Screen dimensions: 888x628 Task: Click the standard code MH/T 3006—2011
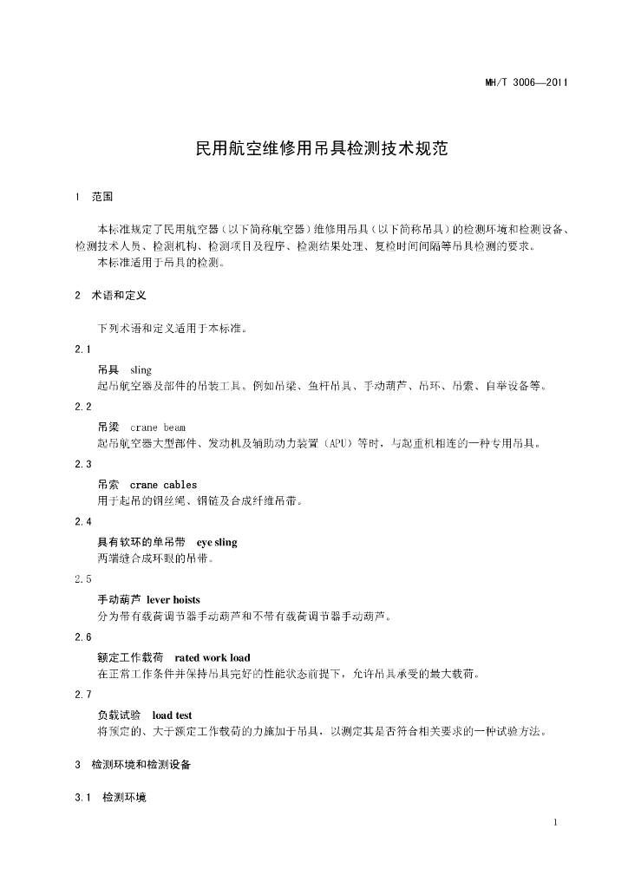click(526, 83)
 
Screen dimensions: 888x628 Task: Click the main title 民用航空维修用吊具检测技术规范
click(322, 148)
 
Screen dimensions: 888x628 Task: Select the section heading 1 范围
click(95, 197)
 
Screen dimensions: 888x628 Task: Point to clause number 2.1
click(83, 349)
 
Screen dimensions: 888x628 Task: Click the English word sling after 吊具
click(141, 369)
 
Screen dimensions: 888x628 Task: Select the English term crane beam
click(158, 428)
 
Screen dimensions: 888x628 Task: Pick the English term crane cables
click(163, 485)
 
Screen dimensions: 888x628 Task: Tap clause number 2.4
click(83, 521)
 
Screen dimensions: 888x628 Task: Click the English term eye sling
click(217, 542)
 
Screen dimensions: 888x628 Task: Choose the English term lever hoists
click(173, 599)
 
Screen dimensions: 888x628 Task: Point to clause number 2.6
click(83, 637)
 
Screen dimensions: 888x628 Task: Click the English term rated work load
click(213, 657)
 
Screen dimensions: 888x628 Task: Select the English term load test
click(172, 715)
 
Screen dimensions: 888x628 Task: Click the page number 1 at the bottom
click(554, 822)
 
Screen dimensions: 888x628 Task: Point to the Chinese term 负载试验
click(119, 715)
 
